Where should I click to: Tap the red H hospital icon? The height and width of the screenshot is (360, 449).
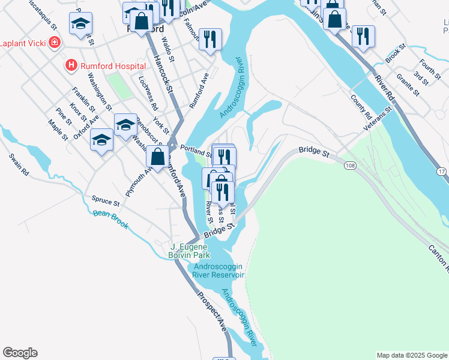pyautogui.click(x=71, y=65)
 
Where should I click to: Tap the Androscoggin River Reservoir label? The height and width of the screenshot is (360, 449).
pyautogui.click(x=218, y=271)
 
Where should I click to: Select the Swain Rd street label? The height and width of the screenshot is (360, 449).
pyautogui.click(x=19, y=164)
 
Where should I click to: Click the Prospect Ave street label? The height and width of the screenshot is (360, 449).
pyautogui.click(x=212, y=312)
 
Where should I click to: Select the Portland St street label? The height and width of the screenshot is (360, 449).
pyautogui.click(x=194, y=152)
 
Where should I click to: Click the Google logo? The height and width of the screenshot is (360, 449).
pyautogui.click(x=20, y=353)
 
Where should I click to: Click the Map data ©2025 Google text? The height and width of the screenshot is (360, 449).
pyautogui.click(x=412, y=355)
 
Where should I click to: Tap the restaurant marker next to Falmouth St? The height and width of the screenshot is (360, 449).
pyautogui.click(x=210, y=40)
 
